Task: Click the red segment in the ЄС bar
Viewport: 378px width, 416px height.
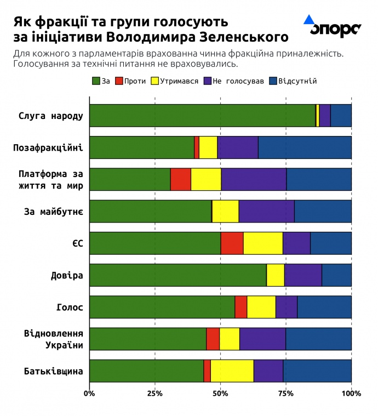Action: [x=232, y=243]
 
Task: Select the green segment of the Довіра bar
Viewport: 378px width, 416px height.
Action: [x=178, y=275]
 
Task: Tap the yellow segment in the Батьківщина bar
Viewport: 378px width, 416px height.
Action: [x=232, y=371]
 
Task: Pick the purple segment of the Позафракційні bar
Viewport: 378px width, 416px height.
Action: [x=238, y=147]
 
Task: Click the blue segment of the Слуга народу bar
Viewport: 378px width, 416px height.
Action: [x=341, y=115]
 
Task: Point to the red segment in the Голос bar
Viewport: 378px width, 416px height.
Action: [x=241, y=307]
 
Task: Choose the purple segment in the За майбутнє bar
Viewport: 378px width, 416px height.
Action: [x=267, y=211]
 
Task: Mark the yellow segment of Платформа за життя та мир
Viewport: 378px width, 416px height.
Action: [x=206, y=179]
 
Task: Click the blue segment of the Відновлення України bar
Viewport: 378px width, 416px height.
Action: [x=318, y=339]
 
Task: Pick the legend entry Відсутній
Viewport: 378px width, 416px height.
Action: [x=293, y=81]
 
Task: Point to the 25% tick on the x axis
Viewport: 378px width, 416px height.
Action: [x=155, y=393]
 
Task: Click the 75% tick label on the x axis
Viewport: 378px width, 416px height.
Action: [x=286, y=393]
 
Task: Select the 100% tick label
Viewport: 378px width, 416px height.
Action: [x=351, y=393]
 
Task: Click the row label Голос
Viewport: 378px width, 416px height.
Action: [x=70, y=307]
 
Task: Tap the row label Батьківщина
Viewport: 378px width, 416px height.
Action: [x=54, y=371]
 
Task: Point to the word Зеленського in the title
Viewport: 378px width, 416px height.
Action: [x=249, y=37]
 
